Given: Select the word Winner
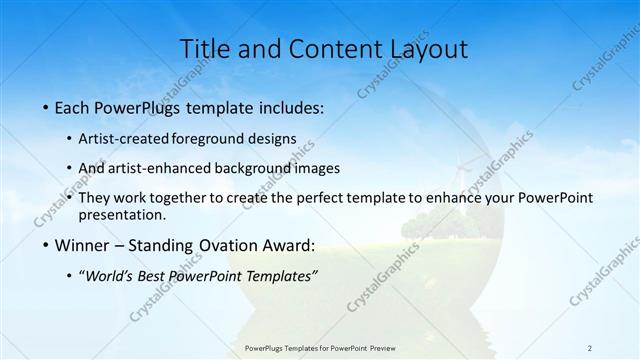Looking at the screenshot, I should [x=85, y=245].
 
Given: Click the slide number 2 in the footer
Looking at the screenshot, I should [x=590, y=347].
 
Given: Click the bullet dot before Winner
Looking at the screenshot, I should [x=46, y=246].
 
